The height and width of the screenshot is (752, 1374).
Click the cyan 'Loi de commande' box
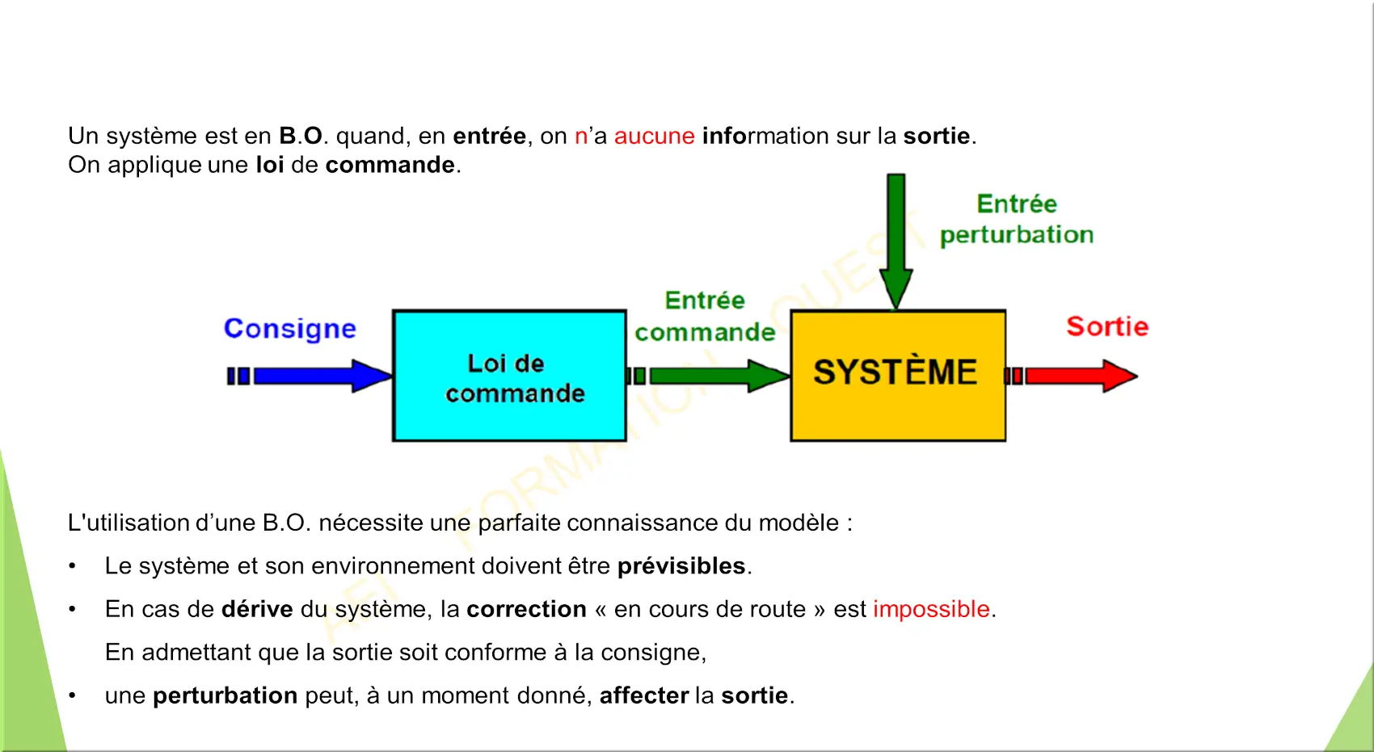click(509, 376)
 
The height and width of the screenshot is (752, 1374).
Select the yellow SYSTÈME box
click(898, 376)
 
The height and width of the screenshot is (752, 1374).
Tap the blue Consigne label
click(289, 329)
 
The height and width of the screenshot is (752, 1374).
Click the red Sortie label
click(1107, 326)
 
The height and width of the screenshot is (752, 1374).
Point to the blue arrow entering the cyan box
click(310, 376)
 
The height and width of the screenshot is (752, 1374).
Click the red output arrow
click(1071, 376)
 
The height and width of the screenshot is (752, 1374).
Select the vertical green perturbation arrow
click(896, 242)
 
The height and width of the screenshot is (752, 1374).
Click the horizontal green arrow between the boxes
click(709, 376)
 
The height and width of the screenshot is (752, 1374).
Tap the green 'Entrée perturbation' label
click(1017, 219)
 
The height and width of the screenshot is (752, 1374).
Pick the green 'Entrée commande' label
click(705, 317)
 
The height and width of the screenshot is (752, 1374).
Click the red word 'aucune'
click(654, 136)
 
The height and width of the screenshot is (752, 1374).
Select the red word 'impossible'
click(931, 609)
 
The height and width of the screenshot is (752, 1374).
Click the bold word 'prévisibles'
click(681, 565)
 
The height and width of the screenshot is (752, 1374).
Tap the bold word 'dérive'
click(257, 609)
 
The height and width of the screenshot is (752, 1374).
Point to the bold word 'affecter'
click(644, 695)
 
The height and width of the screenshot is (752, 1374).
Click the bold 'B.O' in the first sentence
click(301, 136)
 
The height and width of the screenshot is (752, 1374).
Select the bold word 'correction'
click(526, 609)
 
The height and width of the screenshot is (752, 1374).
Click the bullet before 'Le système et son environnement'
click(73, 565)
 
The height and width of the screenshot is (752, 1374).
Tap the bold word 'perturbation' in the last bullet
click(225, 696)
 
